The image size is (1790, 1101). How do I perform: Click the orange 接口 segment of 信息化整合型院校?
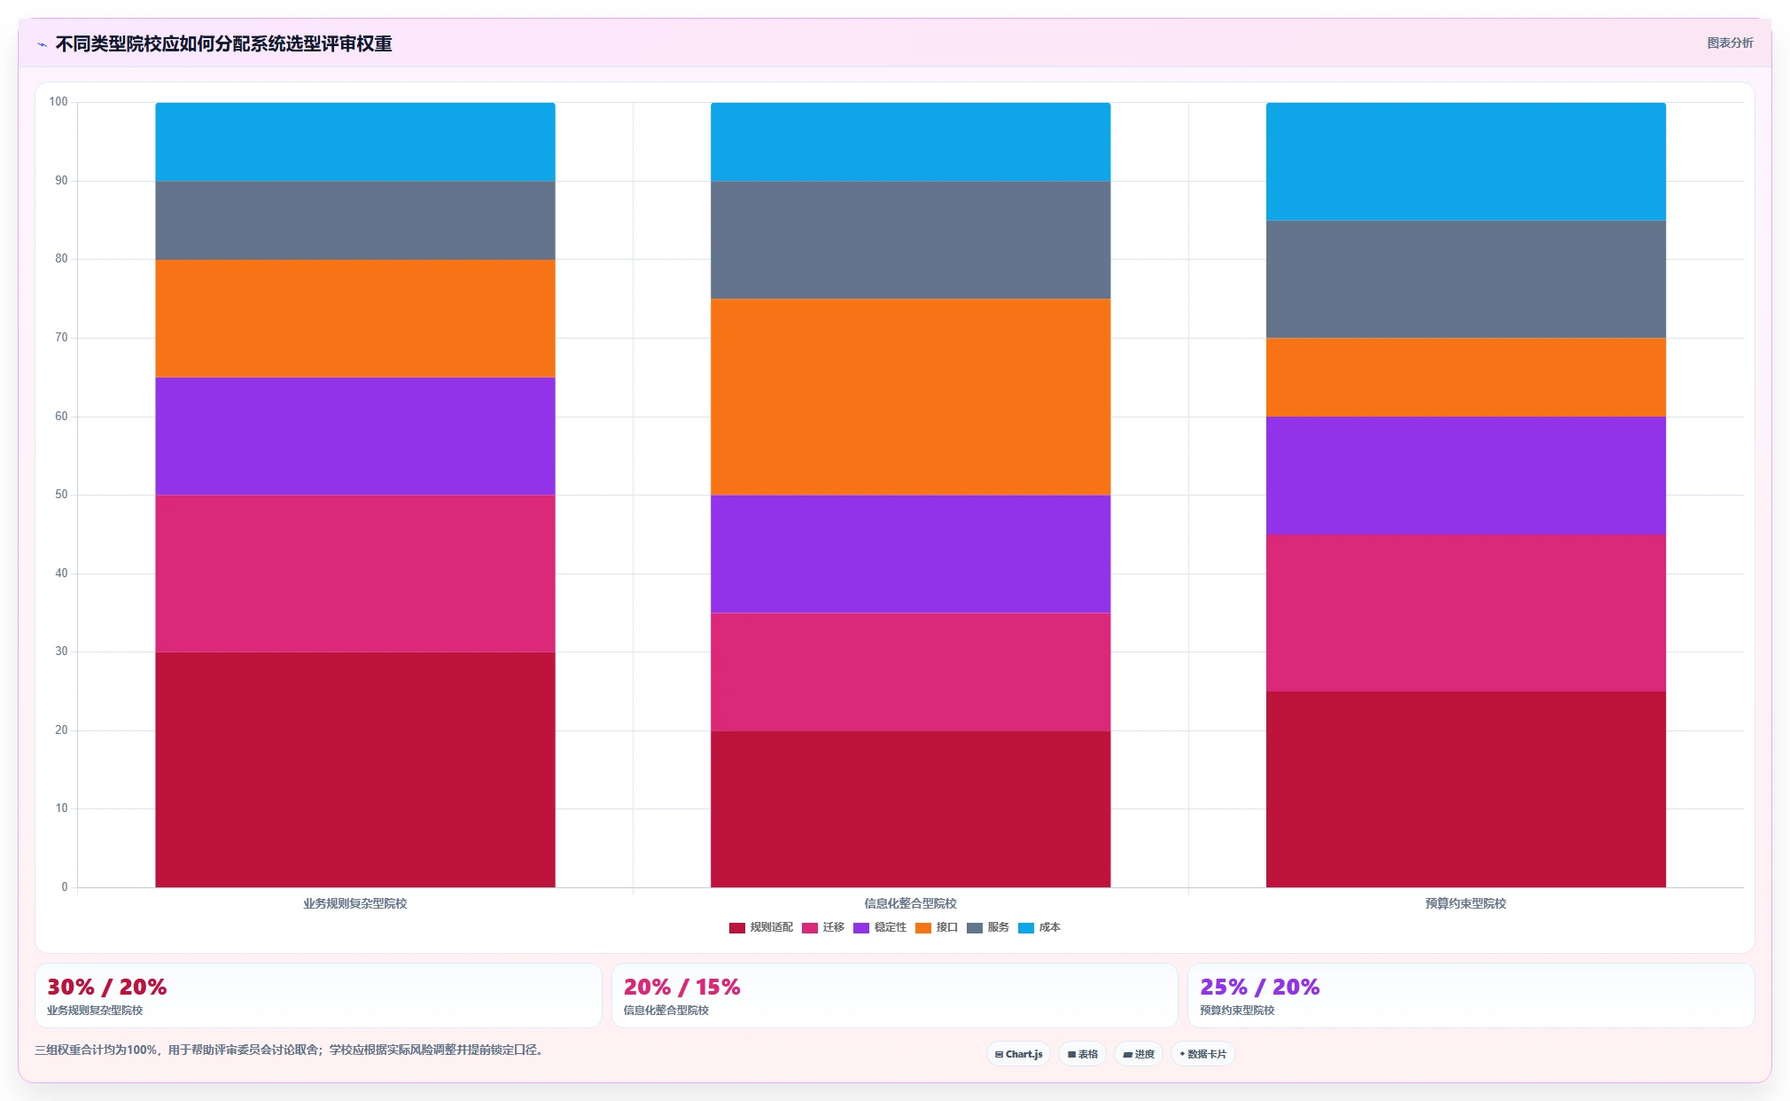pos(910,397)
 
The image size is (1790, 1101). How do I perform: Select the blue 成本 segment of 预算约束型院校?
pos(1466,161)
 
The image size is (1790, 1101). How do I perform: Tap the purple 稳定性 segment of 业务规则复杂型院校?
pos(355,436)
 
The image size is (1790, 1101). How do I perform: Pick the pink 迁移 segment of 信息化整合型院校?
pos(910,672)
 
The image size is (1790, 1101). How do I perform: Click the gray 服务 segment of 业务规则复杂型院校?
pos(355,221)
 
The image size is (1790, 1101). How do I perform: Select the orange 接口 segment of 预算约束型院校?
pos(1466,378)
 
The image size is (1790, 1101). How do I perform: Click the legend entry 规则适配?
pos(761,927)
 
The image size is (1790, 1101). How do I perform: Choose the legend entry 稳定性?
pos(880,927)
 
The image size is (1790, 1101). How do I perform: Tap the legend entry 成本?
pos(1039,927)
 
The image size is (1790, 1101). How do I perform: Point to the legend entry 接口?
pos(937,927)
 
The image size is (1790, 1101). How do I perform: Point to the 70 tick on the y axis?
pos(61,338)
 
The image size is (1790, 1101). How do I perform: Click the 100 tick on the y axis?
pos(58,102)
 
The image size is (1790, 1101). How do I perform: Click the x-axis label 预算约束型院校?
pos(1466,903)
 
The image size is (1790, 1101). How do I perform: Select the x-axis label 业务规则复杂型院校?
pos(355,903)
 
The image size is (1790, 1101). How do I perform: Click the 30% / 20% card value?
pos(107,987)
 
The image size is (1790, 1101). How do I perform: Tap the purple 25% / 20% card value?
pos(1259,987)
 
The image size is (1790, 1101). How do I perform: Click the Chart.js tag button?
pos(1019,1054)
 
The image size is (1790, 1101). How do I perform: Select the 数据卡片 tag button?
pos(1202,1054)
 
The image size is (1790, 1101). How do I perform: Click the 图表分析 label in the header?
pos(1730,43)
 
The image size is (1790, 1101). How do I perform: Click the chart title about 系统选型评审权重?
pos(224,43)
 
